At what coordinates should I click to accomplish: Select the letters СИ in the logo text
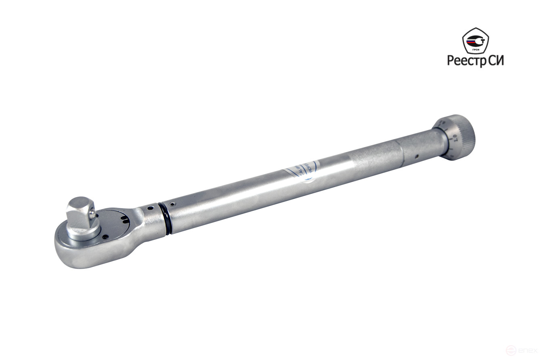click(496, 60)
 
